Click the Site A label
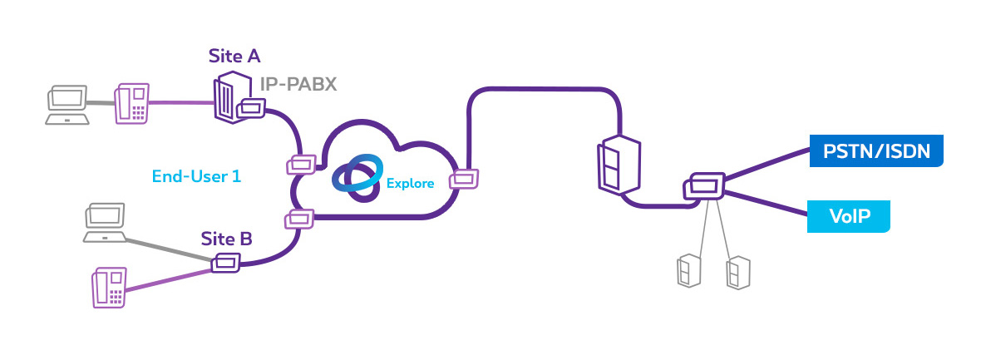234,57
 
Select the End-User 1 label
196,175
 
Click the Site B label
226,239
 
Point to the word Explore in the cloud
410,183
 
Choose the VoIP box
849,216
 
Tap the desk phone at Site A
131,103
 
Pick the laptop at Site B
105,225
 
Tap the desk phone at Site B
108,288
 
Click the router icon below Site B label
225,264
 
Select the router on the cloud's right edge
464,178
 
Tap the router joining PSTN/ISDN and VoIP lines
702,186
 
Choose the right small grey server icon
737,272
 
